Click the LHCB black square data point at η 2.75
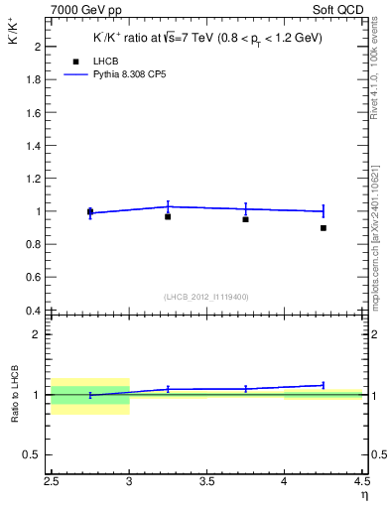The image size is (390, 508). tap(90, 211)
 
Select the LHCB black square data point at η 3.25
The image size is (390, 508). tap(168, 216)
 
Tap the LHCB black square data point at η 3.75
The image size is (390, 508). tap(245, 219)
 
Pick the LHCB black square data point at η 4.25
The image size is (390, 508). tap(324, 228)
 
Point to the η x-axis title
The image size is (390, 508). tap(364, 494)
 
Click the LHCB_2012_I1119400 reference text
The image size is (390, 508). tap(206, 297)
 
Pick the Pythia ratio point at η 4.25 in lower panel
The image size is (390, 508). tap(324, 385)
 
